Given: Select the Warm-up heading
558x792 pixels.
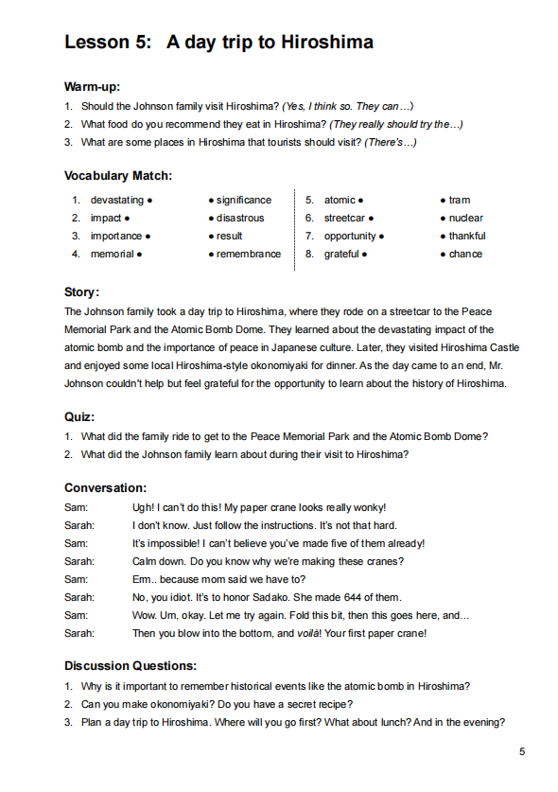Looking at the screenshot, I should tap(92, 87).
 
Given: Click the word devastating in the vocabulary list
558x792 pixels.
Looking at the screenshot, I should tap(117, 201).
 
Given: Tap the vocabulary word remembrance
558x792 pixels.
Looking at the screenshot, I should tap(249, 255).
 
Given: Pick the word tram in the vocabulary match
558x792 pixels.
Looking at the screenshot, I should tap(460, 201).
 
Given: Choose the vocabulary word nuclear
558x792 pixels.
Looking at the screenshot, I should tap(466, 219).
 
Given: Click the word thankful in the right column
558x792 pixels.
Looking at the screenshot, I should tap(467, 237).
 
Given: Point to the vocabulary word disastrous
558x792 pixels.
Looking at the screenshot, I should tap(240, 219).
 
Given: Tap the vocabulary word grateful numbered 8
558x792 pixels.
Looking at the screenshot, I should tap(341, 255).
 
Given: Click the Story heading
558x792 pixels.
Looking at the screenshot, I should tap(81, 292).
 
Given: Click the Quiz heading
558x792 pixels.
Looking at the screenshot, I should tap(79, 416).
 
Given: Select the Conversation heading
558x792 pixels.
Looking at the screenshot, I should tap(105, 488).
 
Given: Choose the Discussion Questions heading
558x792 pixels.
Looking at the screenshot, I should tap(131, 666).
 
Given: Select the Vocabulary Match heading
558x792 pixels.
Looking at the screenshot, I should tap(118, 176).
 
